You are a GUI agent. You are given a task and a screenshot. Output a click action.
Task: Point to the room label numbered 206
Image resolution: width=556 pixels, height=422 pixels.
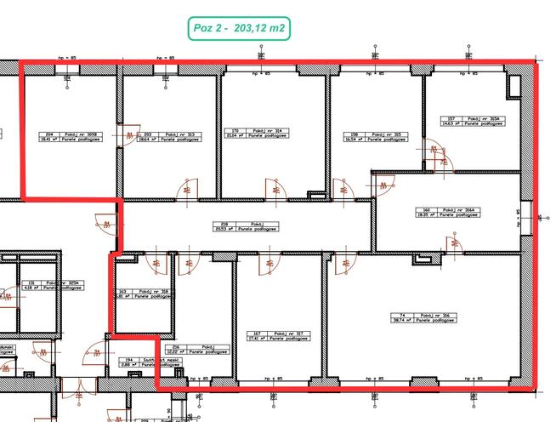(196, 348)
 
